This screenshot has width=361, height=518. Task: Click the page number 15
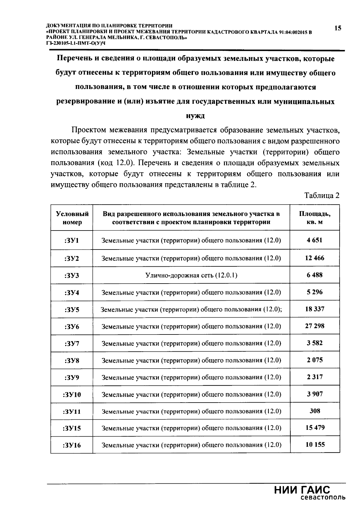pyautogui.click(x=338, y=28)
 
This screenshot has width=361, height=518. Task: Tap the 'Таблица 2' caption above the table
pyautogui.click(x=322, y=196)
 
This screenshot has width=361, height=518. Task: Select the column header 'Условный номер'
pyautogui.click(x=72, y=218)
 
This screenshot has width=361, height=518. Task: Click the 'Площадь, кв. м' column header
pyautogui.click(x=315, y=218)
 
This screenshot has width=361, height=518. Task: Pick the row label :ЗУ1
pyautogui.click(x=72, y=240)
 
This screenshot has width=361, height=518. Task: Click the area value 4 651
pyautogui.click(x=315, y=240)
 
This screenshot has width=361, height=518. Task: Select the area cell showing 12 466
pyautogui.click(x=315, y=258)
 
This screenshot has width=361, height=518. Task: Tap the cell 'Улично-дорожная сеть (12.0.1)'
pyautogui.click(x=191, y=275)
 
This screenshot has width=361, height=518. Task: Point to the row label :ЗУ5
pyautogui.click(x=72, y=309)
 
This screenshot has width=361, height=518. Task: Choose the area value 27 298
pyautogui.click(x=315, y=326)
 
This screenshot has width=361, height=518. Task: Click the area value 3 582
pyautogui.click(x=315, y=343)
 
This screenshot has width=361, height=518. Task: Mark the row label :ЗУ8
pyautogui.click(x=72, y=360)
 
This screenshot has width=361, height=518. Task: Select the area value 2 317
pyautogui.click(x=315, y=377)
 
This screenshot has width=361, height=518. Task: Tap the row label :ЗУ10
pyautogui.click(x=72, y=394)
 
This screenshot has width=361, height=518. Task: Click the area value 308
pyautogui.click(x=315, y=411)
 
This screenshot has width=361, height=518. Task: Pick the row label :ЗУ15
pyautogui.click(x=72, y=428)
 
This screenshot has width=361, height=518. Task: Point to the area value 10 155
pyautogui.click(x=315, y=444)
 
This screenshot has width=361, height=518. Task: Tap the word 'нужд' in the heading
pyautogui.click(x=195, y=116)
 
